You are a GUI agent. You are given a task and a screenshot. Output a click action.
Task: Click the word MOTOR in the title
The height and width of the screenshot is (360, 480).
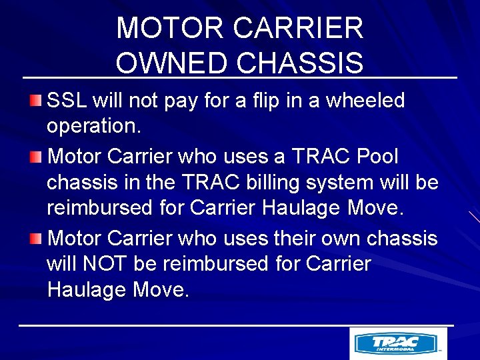click(170, 28)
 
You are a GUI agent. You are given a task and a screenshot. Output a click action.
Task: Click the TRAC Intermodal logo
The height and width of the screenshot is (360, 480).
click(398, 344)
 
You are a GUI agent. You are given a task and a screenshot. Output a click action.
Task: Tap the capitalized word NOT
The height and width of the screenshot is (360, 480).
click(105, 264)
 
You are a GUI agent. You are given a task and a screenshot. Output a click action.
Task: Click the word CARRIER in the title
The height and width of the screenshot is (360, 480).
click(299, 28)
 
